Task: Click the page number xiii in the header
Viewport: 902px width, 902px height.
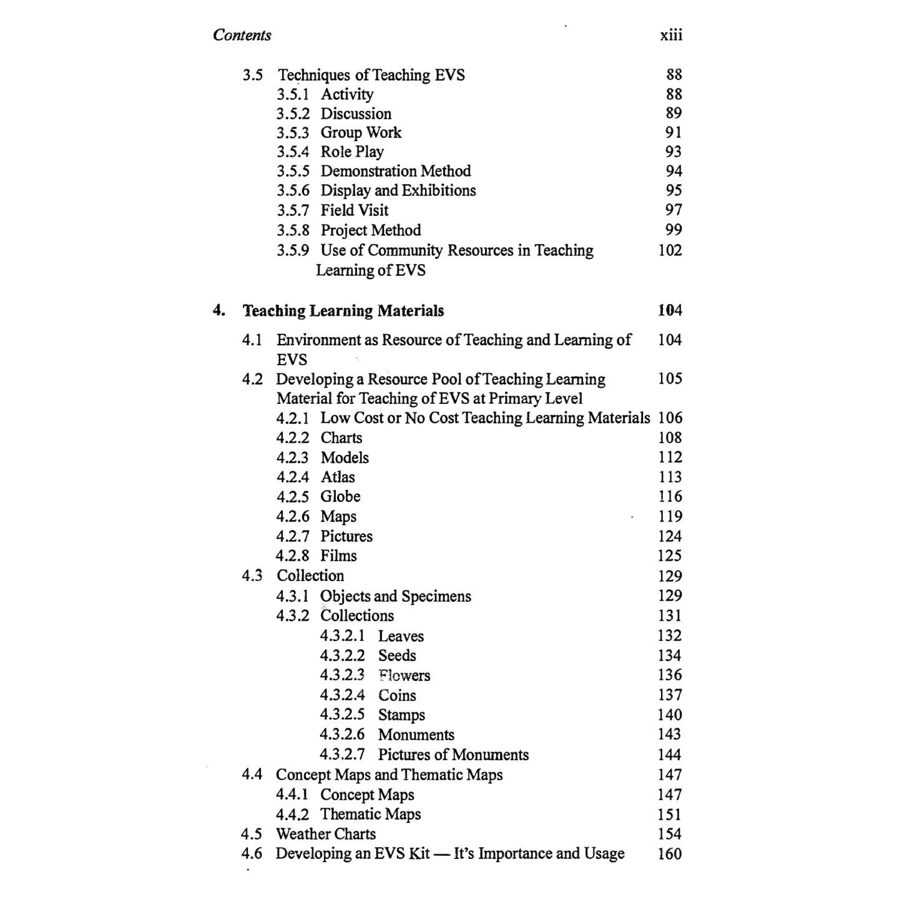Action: pos(671,36)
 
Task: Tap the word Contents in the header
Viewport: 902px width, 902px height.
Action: pos(242,35)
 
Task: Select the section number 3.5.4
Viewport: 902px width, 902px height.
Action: pos(293,152)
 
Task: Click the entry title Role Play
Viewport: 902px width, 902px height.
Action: pos(352,152)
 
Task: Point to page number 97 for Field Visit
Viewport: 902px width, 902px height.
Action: pos(674,210)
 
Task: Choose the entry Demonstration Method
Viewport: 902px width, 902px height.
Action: pos(396,171)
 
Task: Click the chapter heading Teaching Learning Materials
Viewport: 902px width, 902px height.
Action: pos(343,311)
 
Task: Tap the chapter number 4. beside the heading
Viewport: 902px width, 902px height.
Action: pos(218,310)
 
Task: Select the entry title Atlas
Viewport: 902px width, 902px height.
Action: pos(338,477)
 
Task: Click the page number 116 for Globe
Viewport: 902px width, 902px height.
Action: pos(670,496)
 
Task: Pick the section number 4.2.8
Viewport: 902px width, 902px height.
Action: pos(292,556)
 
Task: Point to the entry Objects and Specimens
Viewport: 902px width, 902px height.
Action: pos(396,596)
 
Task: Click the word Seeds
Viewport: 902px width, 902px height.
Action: pos(397,655)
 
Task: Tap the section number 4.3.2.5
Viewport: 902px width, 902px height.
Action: pos(342,715)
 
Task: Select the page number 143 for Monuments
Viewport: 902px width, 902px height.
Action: pos(670,734)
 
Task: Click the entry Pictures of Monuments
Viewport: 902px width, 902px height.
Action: pos(453,755)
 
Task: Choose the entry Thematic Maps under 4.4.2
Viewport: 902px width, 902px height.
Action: pos(370,814)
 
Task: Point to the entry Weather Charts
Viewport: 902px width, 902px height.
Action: pos(326,834)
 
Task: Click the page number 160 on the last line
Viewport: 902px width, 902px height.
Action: pos(670,853)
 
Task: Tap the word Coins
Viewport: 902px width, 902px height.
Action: pos(397,695)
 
